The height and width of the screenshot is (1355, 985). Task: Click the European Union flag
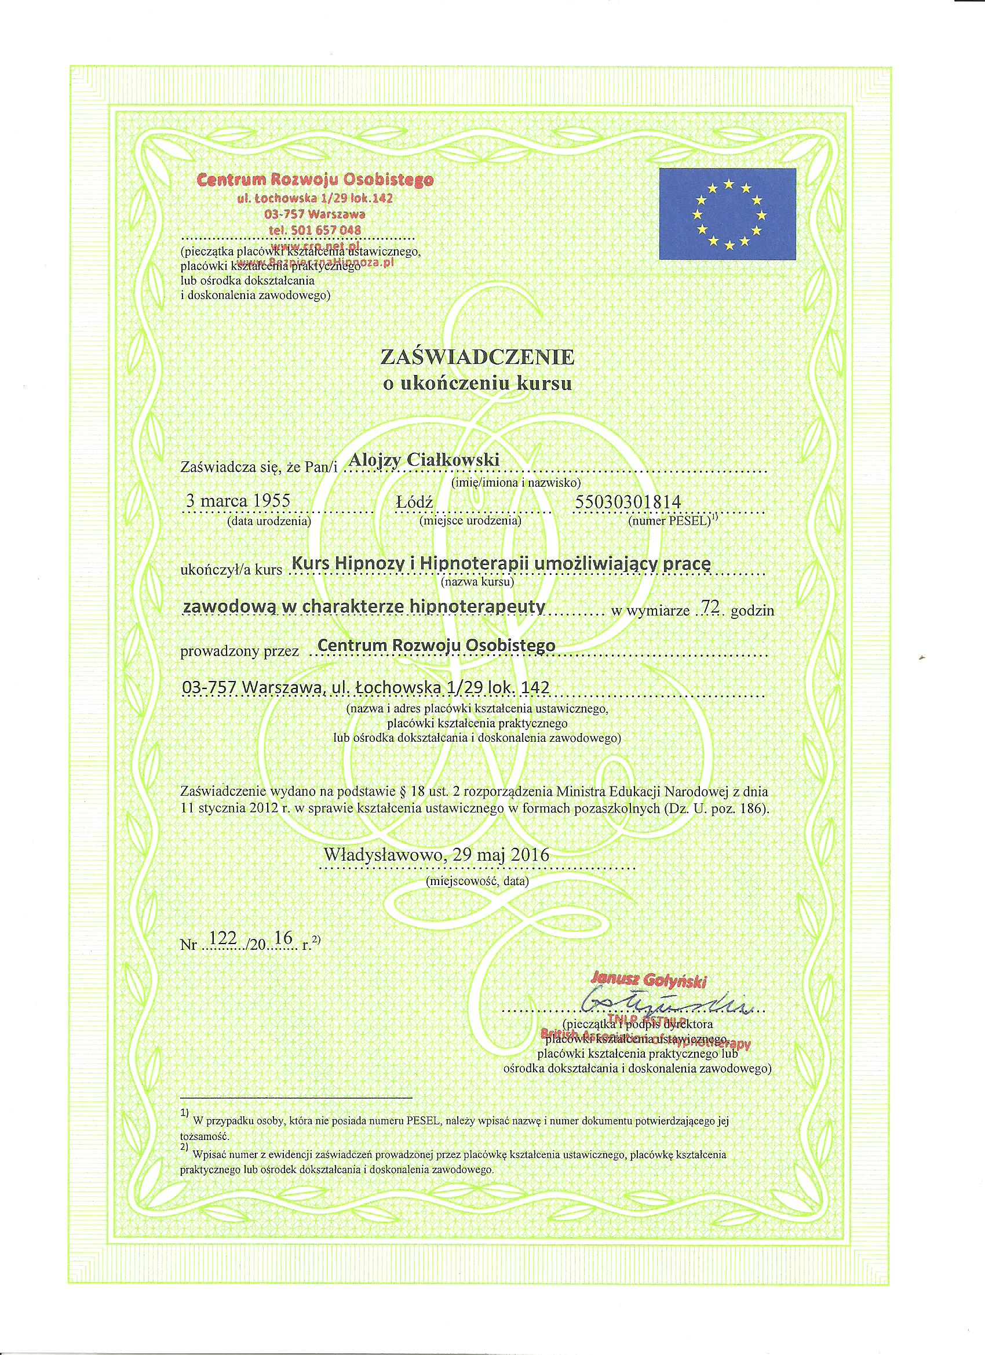(x=727, y=213)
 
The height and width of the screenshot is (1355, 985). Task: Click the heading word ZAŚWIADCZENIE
(x=477, y=357)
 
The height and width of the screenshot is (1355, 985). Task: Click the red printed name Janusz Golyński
(x=648, y=981)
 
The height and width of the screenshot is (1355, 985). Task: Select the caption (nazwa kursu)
(x=477, y=581)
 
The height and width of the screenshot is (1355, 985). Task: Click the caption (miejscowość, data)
(x=477, y=880)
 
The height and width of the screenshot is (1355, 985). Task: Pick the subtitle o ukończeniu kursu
(x=477, y=384)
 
